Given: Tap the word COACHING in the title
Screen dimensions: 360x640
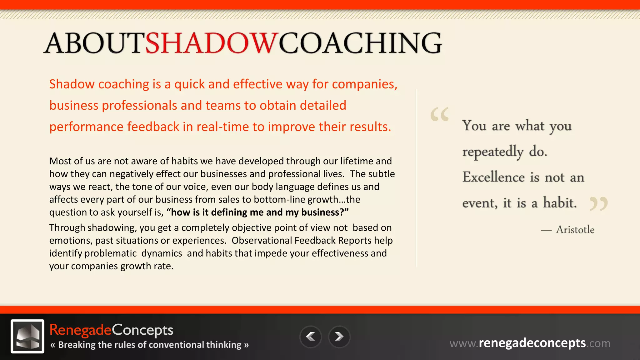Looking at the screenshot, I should point(360,43).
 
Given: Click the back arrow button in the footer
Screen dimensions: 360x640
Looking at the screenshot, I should point(310,337).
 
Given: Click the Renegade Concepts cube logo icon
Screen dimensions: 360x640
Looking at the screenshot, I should point(27,336).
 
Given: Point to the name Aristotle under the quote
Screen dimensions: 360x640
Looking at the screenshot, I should point(575,230).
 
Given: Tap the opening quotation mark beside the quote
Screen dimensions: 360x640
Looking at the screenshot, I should point(439,114).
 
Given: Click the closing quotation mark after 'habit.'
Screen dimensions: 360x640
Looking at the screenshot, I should point(598,204).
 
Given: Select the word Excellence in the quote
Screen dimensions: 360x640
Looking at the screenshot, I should point(493,177).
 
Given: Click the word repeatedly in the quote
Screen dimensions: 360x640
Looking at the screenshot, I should point(493,152).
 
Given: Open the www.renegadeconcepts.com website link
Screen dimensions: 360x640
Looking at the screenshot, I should point(530,343).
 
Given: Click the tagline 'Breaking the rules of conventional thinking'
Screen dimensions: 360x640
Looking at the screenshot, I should point(150,345).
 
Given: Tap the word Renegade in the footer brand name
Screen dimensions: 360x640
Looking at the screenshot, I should point(80,330).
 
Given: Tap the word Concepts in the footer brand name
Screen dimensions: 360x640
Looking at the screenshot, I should point(142,330).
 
